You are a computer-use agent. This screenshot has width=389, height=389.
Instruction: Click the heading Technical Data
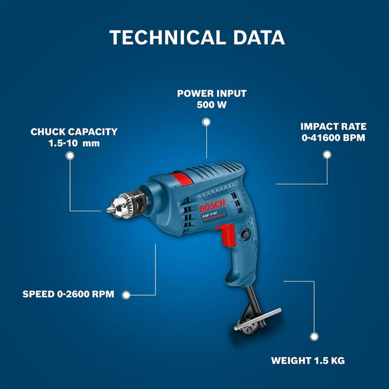point(197,37)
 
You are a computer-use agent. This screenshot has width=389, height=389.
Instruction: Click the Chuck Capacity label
point(74,132)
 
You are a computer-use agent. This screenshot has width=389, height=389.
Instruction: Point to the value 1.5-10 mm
point(74,143)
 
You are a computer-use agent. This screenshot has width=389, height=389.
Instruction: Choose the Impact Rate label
point(333,126)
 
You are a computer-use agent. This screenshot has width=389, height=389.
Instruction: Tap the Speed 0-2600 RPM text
point(69,294)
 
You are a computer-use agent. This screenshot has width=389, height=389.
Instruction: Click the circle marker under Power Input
point(206,121)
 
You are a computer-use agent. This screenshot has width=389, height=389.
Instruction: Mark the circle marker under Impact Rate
point(327,154)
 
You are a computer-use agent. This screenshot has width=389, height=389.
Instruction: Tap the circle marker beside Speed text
point(126,294)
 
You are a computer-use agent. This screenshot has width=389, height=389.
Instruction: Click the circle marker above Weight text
point(314,336)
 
